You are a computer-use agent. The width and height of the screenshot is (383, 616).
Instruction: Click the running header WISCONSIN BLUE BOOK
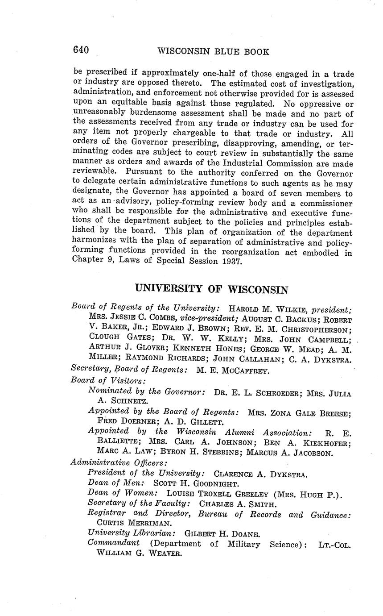click(x=213, y=51)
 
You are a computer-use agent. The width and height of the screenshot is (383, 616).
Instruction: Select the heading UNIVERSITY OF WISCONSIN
click(x=211, y=289)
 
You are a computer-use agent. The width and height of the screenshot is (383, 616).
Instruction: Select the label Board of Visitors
click(x=107, y=380)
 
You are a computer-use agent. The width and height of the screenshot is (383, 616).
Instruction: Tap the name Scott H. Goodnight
click(x=196, y=483)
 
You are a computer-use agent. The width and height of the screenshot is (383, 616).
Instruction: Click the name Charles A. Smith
click(x=238, y=504)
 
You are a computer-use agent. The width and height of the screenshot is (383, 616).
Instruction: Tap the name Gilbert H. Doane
click(x=222, y=534)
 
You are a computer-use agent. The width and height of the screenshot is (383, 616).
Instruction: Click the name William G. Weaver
click(x=139, y=554)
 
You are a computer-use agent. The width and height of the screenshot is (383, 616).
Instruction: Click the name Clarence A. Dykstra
click(x=261, y=474)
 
